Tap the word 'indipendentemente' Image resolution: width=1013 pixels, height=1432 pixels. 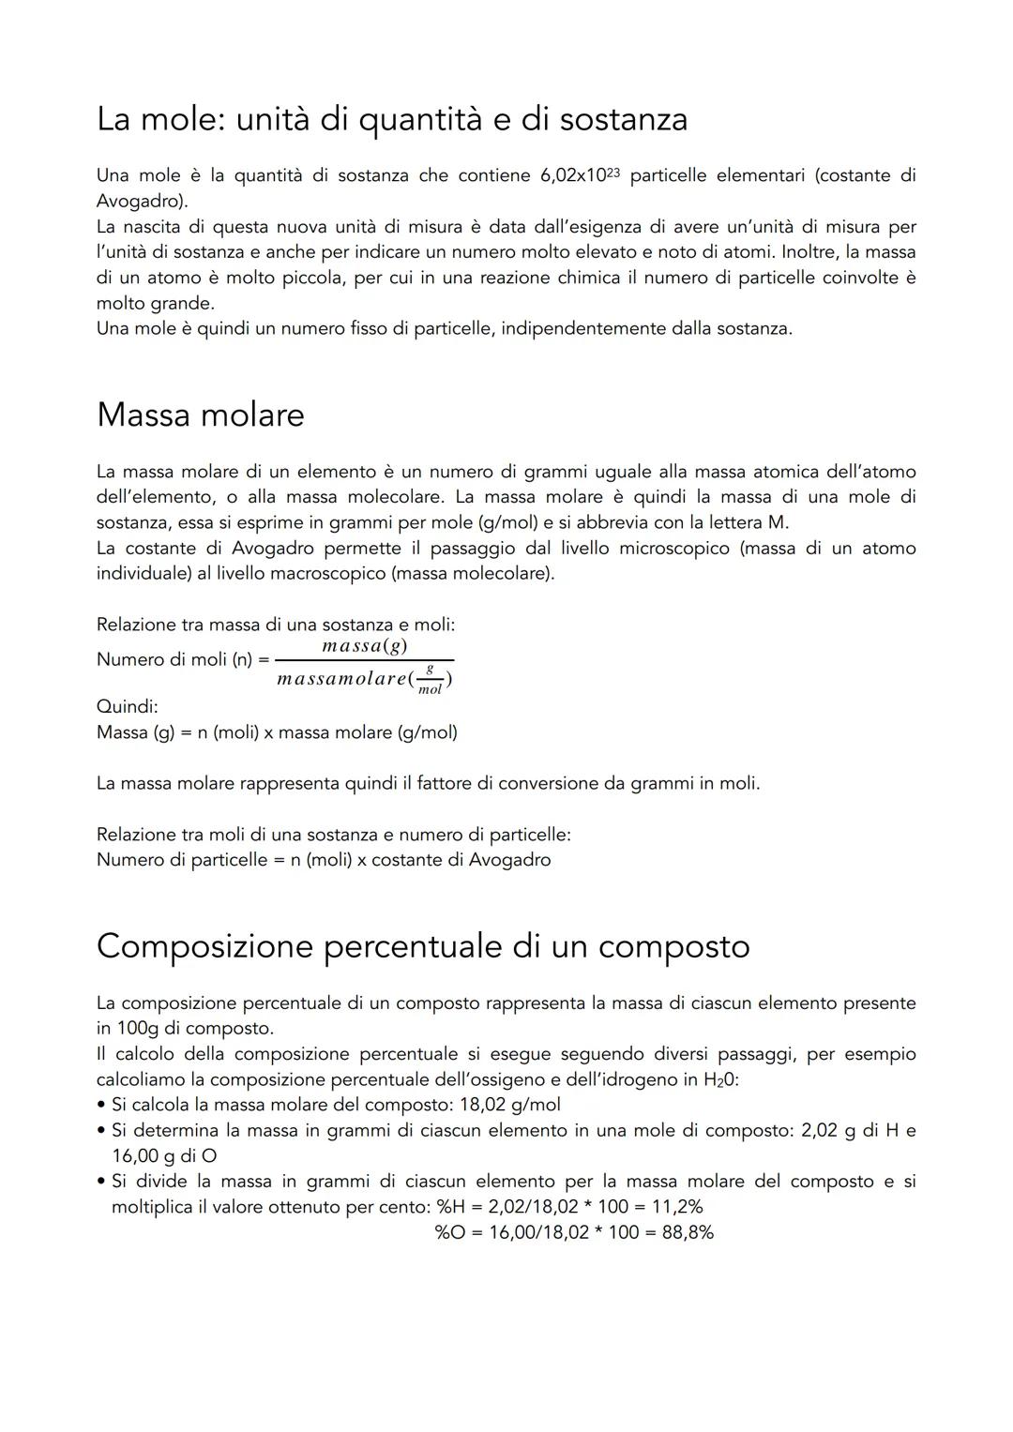click(x=582, y=329)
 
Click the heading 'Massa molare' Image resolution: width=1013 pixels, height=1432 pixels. click(x=200, y=415)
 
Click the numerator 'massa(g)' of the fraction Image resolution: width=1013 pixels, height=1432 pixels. click(x=364, y=646)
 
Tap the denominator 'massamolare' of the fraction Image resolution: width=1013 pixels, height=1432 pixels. click(x=340, y=679)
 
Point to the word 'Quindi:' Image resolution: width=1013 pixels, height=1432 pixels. click(x=127, y=706)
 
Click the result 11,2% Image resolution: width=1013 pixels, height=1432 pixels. click(x=677, y=1207)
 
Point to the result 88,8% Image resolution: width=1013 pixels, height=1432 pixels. click(x=688, y=1232)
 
